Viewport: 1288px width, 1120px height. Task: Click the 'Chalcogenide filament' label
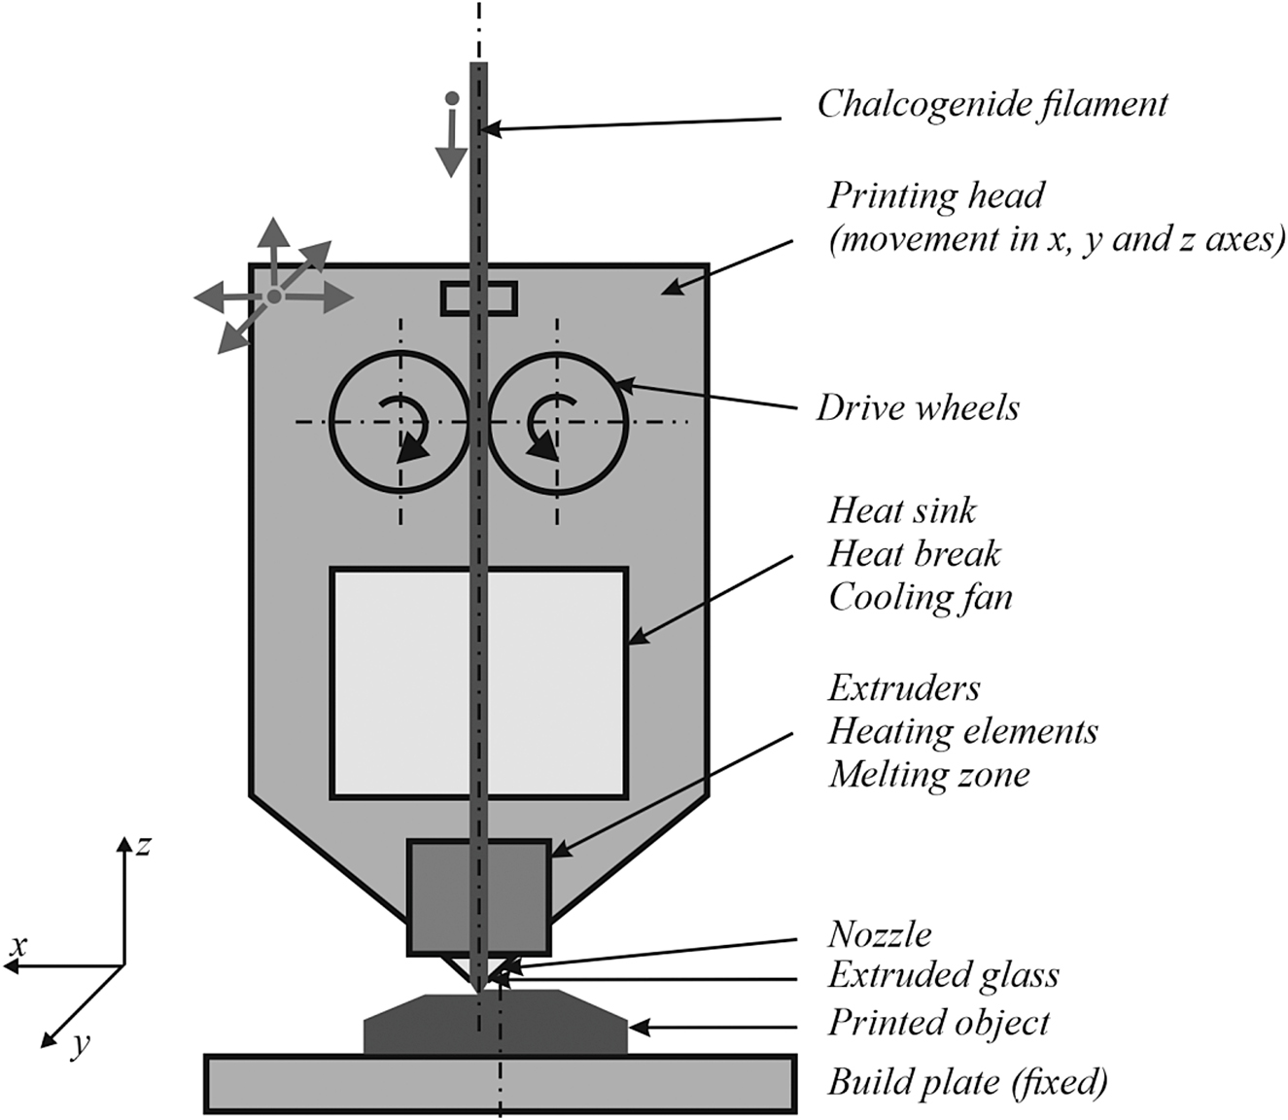[x=992, y=104]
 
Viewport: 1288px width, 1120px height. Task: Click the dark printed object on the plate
[x=564, y=1026]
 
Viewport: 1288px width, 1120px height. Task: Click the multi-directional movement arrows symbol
[x=274, y=294]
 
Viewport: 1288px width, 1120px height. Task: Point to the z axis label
[x=144, y=845]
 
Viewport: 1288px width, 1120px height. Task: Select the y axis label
[x=82, y=1044]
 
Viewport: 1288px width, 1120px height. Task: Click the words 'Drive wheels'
[x=918, y=407]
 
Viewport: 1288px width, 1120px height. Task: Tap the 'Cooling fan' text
[x=920, y=597]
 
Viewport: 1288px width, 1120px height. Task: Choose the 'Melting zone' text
[x=928, y=775]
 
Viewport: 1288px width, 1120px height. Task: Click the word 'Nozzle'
[x=880, y=934]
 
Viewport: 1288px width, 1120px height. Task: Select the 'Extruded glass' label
[x=943, y=975]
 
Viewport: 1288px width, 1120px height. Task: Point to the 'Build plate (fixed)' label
[x=967, y=1082]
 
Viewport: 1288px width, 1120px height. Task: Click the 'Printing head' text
[x=936, y=195]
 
